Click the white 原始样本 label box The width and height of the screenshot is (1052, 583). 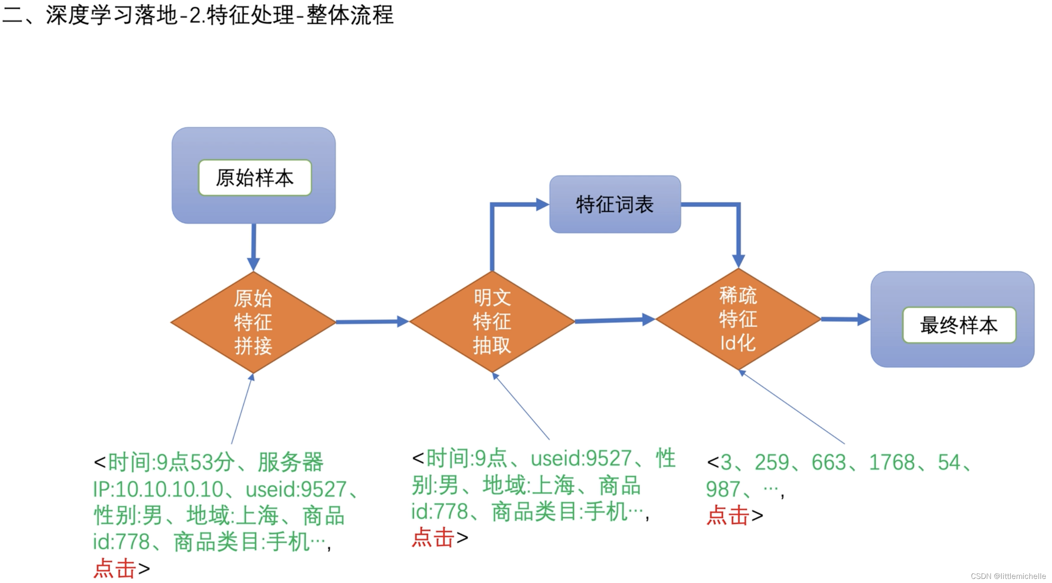click(x=254, y=178)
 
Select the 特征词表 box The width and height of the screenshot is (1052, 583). click(x=614, y=204)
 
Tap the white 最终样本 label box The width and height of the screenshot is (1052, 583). click(x=959, y=325)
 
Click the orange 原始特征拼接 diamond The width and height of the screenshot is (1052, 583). click(x=253, y=322)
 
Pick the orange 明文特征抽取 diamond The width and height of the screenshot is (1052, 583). click(x=492, y=321)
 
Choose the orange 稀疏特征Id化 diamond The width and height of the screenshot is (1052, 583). click(x=738, y=319)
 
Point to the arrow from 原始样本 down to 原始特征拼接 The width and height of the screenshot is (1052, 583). click(x=254, y=246)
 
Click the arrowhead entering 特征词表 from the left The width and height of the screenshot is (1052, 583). click(x=542, y=204)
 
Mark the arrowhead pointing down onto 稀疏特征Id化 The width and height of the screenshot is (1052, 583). click(x=738, y=260)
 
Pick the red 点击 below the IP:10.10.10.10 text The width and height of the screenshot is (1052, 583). click(x=114, y=568)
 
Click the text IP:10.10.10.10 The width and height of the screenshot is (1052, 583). click(x=158, y=489)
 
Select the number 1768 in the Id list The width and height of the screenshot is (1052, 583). click(x=891, y=462)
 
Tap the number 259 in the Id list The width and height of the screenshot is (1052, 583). click(x=771, y=462)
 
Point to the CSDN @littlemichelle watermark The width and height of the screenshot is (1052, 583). click(x=1008, y=576)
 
